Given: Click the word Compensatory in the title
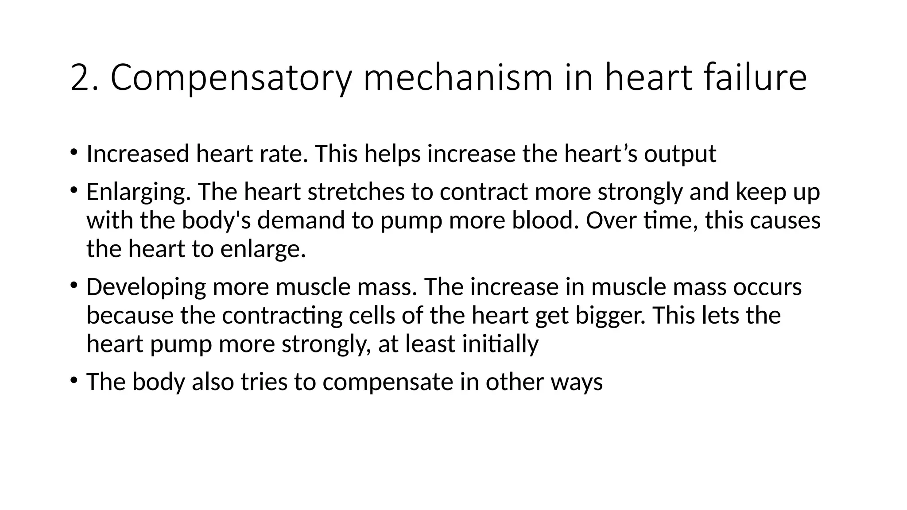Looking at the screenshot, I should click(x=231, y=78).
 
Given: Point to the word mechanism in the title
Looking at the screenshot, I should click(x=458, y=78).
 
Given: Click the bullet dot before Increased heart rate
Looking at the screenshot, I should click(x=73, y=153).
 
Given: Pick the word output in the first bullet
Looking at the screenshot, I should click(x=680, y=155).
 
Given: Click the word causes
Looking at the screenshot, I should click(x=785, y=221).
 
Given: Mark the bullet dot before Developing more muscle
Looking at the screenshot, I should click(x=73, y=285).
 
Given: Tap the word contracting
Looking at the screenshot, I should click(x=282, y=316).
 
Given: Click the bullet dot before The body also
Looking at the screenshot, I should click(x=73, y=380).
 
